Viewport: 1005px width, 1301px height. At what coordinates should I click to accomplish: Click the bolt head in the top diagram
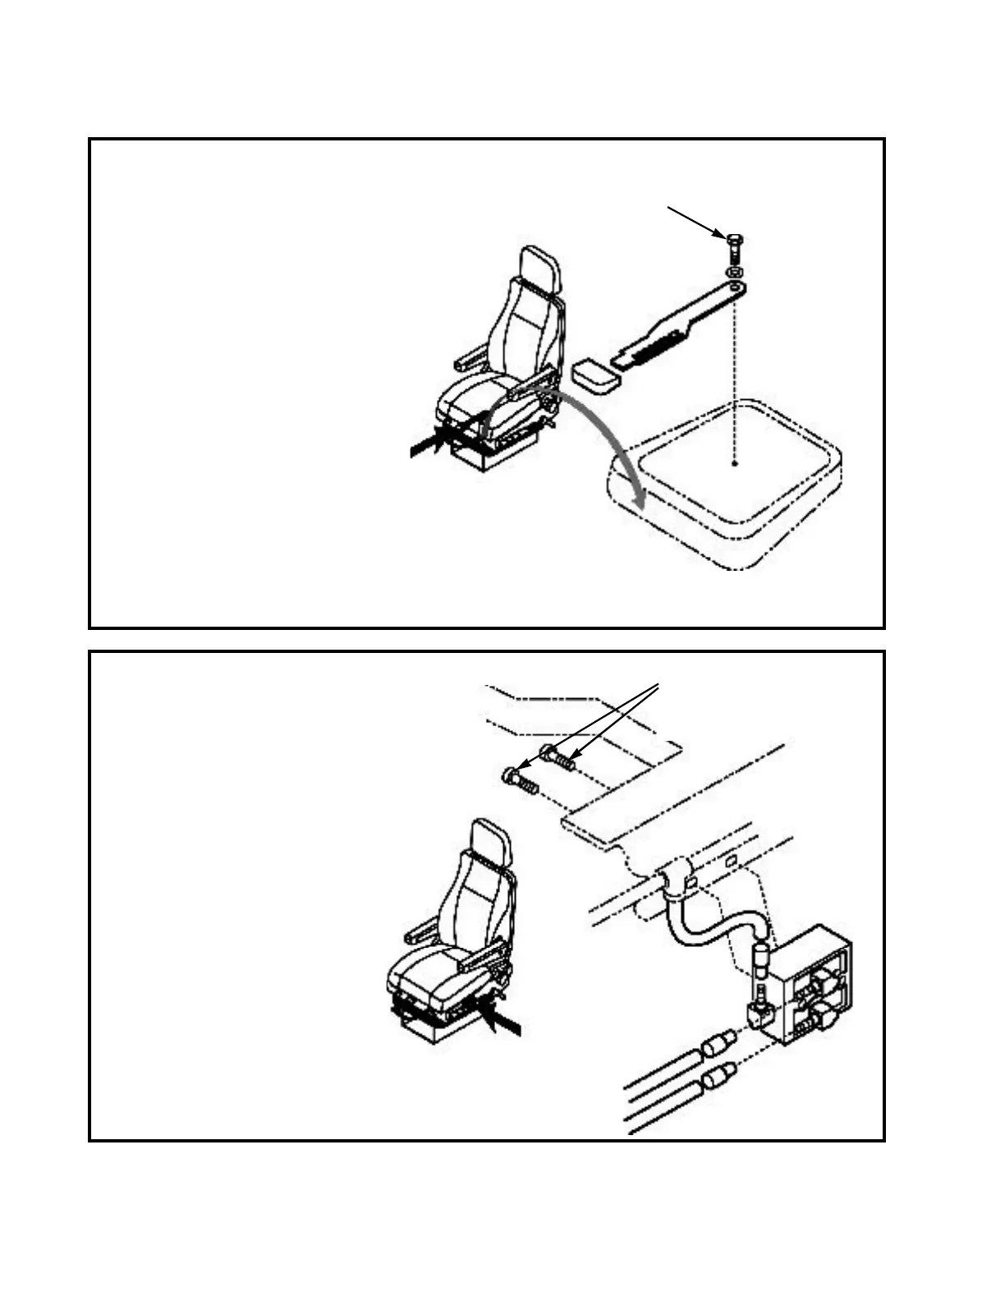click(x=734, y=240)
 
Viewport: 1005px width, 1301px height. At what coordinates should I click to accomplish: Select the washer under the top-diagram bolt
click(x=735, y=270)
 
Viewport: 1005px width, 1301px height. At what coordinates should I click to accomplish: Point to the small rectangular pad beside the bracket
click(x=595, y=377)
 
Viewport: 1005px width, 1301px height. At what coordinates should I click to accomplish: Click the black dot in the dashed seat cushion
click(x=735, y=464)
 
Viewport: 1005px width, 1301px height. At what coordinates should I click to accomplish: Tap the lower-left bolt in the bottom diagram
click(x=518, y=778)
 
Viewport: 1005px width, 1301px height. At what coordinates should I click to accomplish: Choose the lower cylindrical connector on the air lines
click(x=718, y=1073)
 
